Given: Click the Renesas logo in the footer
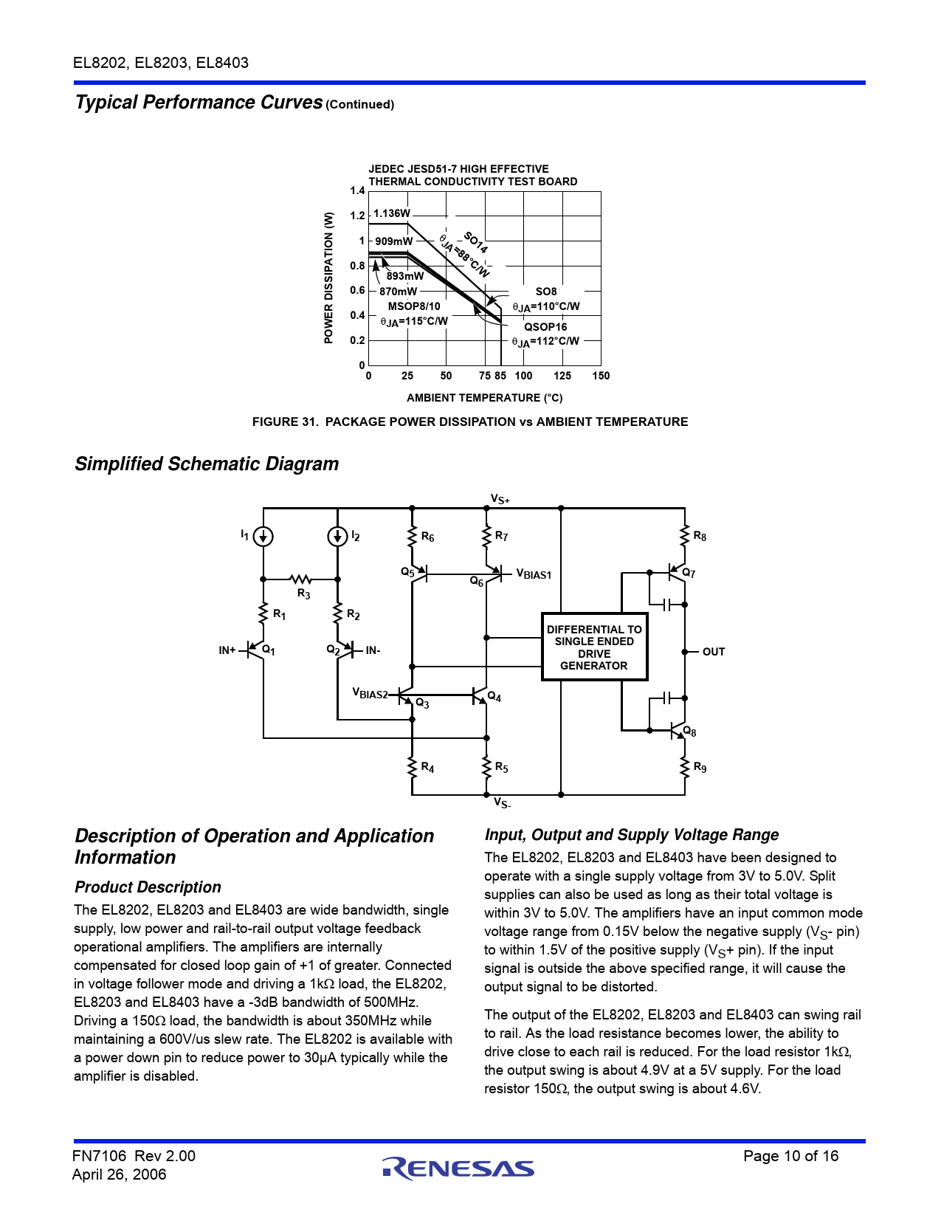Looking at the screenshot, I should click(x=458, y=1168).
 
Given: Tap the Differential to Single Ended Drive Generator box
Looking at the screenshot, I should click(x=594, y=647).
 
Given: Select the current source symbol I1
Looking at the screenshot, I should click(x=263, y=537).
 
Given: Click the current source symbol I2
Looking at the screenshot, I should click(x=337, y=537).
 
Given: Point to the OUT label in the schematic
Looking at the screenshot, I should click(x=713, y=652).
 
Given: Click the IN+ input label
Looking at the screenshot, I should click(x=227, y=650).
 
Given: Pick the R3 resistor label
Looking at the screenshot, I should click(x=303, y=593).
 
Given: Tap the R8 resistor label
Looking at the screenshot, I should click(x=699, y=537).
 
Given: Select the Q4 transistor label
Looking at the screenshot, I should click(x=494, y=698).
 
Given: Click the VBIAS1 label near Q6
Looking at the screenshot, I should click(x=534, y=574).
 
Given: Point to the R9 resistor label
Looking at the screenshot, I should click(x=700, y=768).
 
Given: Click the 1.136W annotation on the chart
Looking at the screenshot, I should click(x=391, y=213).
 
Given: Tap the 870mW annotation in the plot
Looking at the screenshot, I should click(x=398, y=292).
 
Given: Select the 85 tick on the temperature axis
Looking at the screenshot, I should click(x=500, y=376).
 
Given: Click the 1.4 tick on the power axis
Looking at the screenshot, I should click(x=357, y=191).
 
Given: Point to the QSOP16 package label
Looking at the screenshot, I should click(x=545, y=327).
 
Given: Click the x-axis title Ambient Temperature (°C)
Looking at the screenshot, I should click(x=484, y=398).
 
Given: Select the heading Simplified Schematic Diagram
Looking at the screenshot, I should click(x=207, y=464).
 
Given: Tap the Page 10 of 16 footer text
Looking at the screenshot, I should click(x=790, y=1156).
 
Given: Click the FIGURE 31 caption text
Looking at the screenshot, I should click(x=469, y=422).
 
